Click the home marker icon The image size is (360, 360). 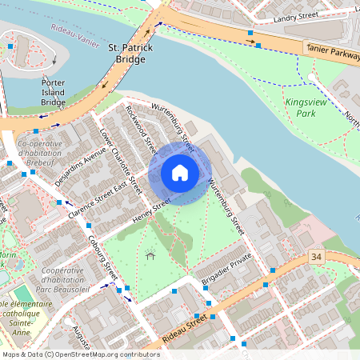(180, 173)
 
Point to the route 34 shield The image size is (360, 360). (316, 256)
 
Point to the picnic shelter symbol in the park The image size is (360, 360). (150, 256)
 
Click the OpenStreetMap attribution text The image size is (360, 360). (81, 354)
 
